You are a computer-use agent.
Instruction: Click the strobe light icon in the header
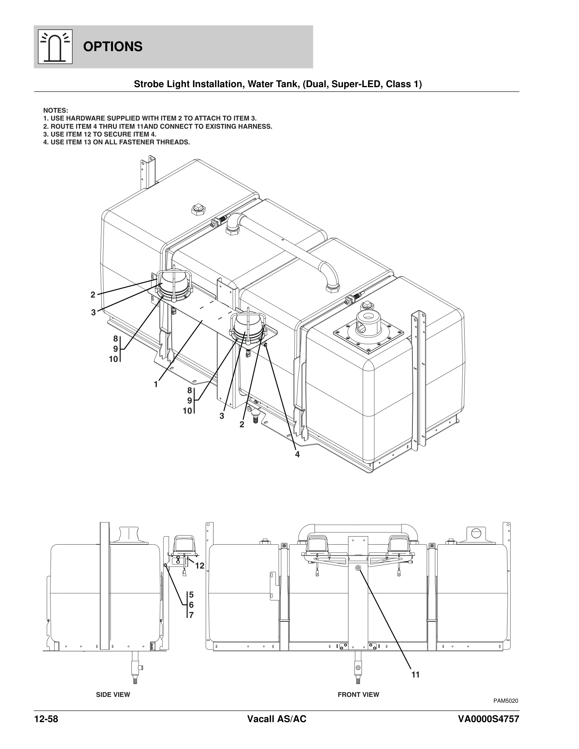pos(55,47)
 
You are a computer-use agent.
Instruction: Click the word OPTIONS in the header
pos(112,47)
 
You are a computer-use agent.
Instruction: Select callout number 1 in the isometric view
pos(156,384)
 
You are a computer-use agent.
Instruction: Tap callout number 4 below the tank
pos(297,455)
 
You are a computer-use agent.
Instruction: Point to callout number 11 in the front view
pos(416,674)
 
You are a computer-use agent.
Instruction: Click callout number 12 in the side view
pos(200,566)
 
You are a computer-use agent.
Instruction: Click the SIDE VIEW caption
pos(113,695)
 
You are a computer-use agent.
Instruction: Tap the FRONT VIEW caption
pos(358,695)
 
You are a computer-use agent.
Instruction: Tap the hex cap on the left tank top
pos(198,209)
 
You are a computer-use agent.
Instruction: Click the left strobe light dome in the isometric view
pos(174,281)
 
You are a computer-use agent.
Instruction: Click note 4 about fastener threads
pos(116,142)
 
